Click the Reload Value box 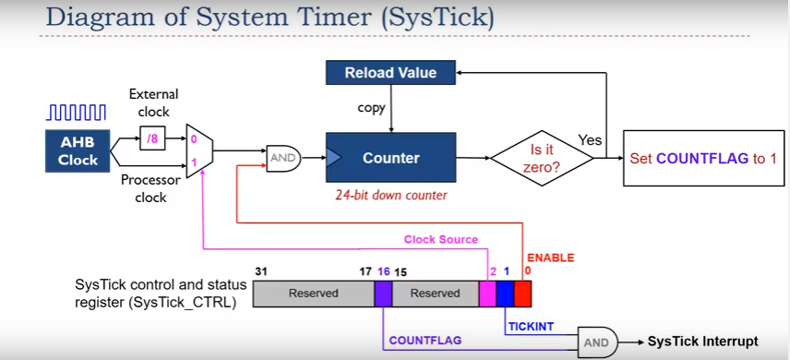(x=390, y=72)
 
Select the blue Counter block (x=390, y=158)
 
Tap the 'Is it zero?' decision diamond (x=543, y=158)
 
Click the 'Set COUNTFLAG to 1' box (x=703, y=158)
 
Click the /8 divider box (x=152, y=140)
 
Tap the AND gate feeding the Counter (x=281, y=158)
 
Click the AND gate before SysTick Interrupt (x=597, y=342)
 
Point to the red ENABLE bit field (x=523, y=294)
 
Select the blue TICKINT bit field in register (x=505, y=294)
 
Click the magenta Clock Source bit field (x=487, y=294)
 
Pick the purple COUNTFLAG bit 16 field (x=383, y=294)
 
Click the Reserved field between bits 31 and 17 (x=314, y=294)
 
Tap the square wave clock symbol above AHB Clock (x=77, y=113)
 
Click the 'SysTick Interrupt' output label (x=702, y=342)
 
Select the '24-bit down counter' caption (x=390, y=195)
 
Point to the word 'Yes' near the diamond (x=590, y=140)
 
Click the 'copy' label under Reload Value (x=371, y=108)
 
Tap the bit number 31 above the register (x=260, y=272)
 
